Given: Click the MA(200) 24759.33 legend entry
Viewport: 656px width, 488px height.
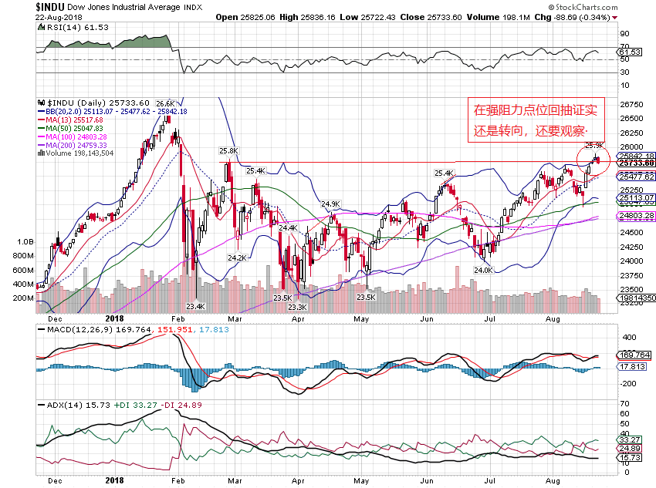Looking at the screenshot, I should [76, 145].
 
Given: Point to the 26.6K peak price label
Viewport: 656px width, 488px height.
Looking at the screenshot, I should [164, 103].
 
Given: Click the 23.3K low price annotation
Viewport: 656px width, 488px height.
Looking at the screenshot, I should [296, 307].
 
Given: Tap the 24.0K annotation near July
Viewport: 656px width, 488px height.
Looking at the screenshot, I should [483, 270].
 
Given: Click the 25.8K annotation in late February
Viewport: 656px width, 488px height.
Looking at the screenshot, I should [228, 151].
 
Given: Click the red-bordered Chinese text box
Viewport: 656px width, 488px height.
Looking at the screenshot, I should [530, 119].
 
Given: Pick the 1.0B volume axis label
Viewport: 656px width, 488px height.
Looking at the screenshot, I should [25, 241].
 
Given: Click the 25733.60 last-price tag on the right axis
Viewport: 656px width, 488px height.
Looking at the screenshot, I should [635, 163].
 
